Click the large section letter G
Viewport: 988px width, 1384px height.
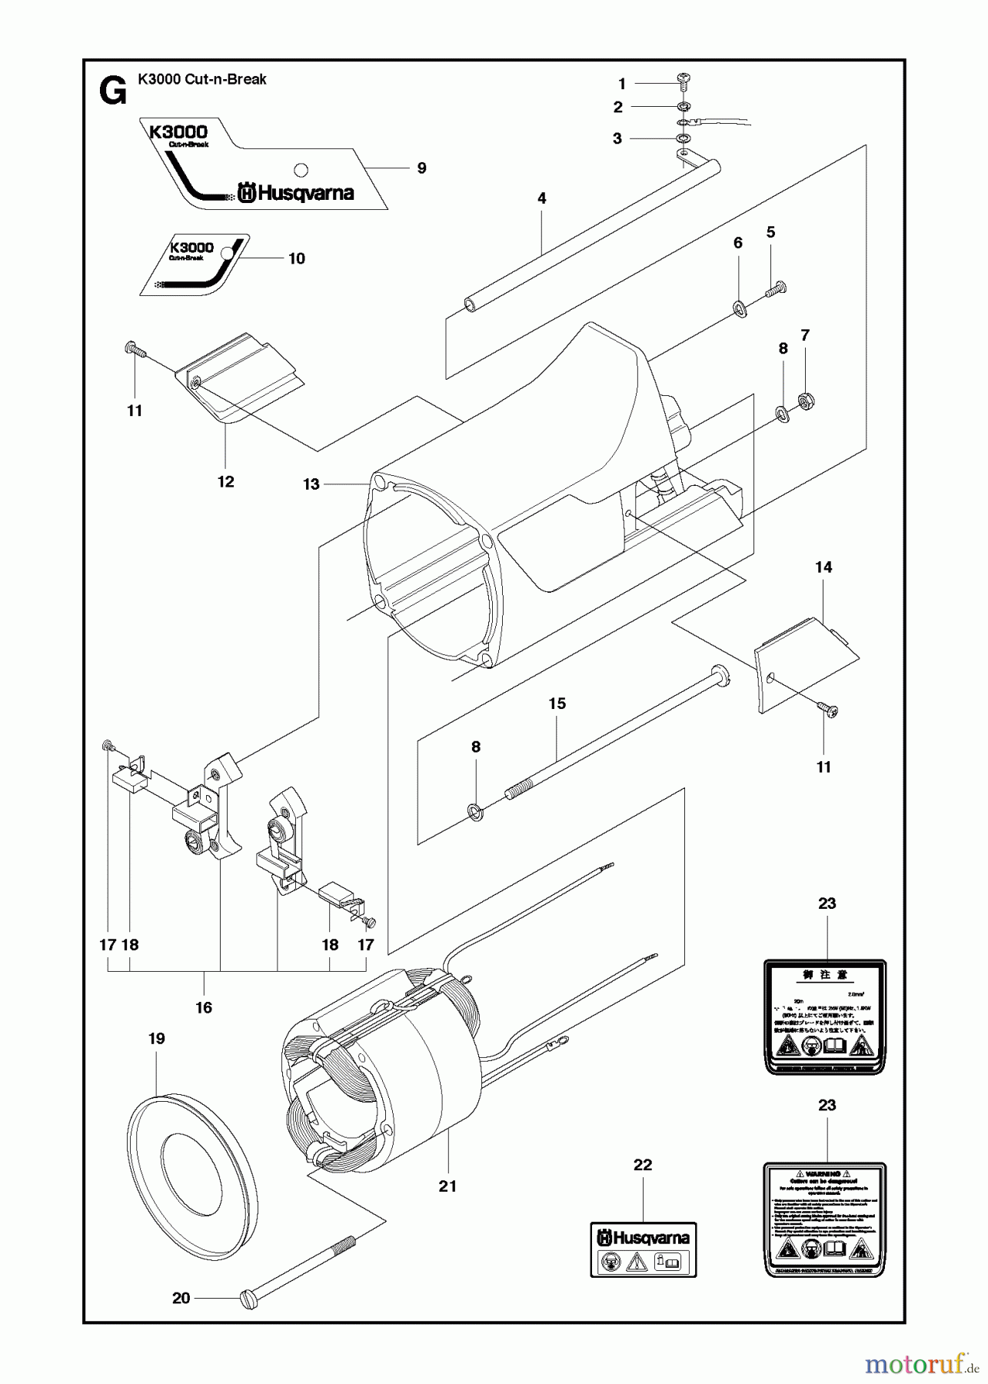click(x=112, y=92)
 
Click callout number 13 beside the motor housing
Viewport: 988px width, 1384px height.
click(x=311, y=484)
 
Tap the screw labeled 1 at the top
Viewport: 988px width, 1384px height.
click(x=683, y=79)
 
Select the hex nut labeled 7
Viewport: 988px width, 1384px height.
click(x=807, y=399)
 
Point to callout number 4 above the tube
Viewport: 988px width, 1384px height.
click(x=541, y=198)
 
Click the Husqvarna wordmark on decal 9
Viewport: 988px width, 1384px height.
click(x=296, y=192)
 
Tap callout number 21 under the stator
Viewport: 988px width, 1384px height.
click(x=447, y=1186)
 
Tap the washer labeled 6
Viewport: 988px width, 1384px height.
click(x=740, y=309)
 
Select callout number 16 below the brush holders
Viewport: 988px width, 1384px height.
click(x=203, y=1007)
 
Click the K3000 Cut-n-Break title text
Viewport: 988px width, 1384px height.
click(x=202, y=78)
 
